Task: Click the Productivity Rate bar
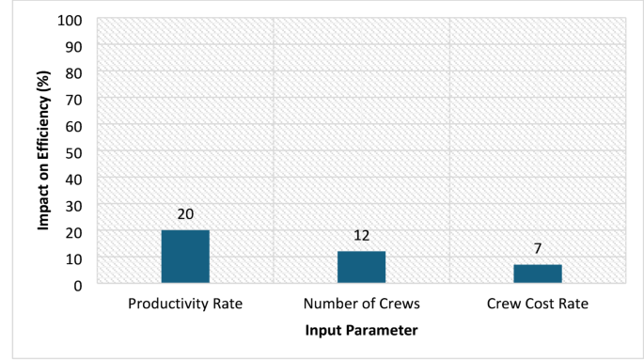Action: pyautogui.click(x=185, y=257)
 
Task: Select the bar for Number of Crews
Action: pyautogui.click(x=361, y=267)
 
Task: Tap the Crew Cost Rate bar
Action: pyautogui.click(x=538, y=274)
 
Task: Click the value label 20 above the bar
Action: pyautogui.click(x=185, y=215)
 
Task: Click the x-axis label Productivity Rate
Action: pyautogui.click(x=185, y=305)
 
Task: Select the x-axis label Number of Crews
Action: pyautogui.click(x=361, y=305)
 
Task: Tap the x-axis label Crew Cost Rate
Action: pyautogui.click(x=538, y=305)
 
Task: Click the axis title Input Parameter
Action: pyautogui.click(x=361, y=331)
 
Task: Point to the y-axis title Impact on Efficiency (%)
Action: pyautogui.click(x=43, y=152)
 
